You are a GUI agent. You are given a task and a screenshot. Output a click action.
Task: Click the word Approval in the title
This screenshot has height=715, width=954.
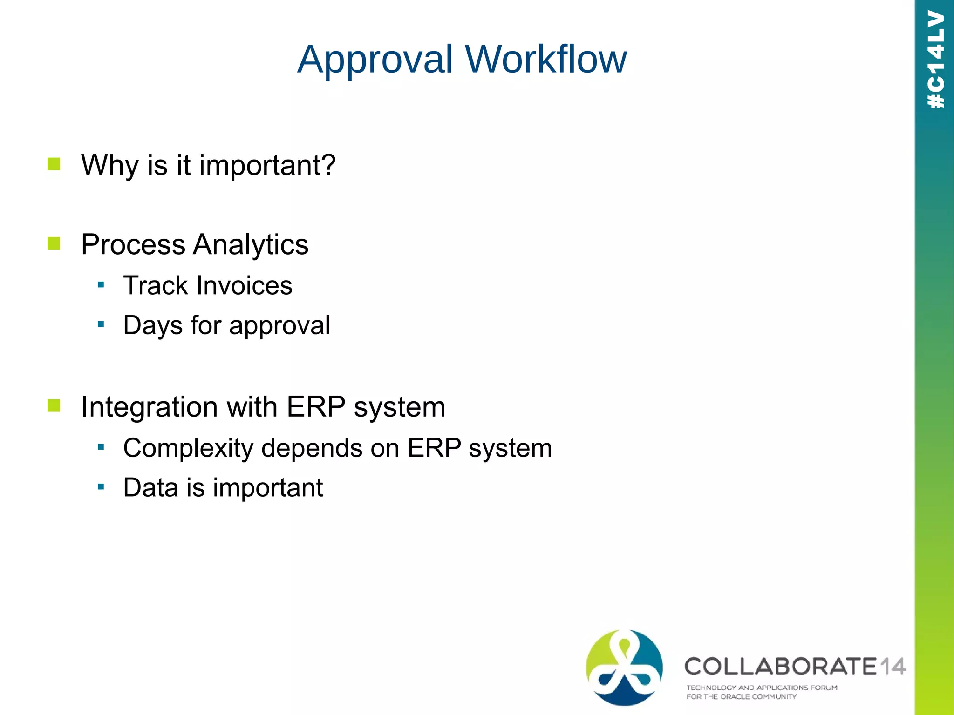click(375, 60)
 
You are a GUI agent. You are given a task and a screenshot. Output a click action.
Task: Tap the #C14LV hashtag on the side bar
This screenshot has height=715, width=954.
click(935, 60)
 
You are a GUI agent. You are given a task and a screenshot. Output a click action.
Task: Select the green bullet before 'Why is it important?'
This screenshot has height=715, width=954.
click(54, 164)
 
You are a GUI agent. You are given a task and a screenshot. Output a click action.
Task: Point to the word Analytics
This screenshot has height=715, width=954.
click(251, 244)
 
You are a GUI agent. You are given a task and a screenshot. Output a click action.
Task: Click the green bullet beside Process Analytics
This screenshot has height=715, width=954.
click(54, 243)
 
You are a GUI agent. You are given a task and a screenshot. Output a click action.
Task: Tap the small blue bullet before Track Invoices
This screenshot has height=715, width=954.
click(101, 284)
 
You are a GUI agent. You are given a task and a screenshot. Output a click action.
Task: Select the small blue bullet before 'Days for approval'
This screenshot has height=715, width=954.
click(101, 324)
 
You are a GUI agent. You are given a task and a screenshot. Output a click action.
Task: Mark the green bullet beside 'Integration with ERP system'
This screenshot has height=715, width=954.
click(54, 405)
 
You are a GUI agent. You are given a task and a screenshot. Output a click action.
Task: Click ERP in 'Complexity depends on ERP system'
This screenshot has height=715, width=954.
click(434, 448)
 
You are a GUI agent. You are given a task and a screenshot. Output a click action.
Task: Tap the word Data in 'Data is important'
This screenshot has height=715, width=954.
click(150, 488)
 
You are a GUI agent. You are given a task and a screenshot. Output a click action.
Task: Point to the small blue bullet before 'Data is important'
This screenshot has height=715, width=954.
click(101, 487)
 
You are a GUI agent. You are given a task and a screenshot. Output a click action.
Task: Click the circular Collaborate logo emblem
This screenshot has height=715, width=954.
click(624, 667)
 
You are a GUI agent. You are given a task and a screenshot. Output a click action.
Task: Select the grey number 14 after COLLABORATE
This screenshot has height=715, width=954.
click(893, 667)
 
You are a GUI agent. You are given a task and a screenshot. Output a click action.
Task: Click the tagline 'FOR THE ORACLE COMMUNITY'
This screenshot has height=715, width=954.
click(741, 697)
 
